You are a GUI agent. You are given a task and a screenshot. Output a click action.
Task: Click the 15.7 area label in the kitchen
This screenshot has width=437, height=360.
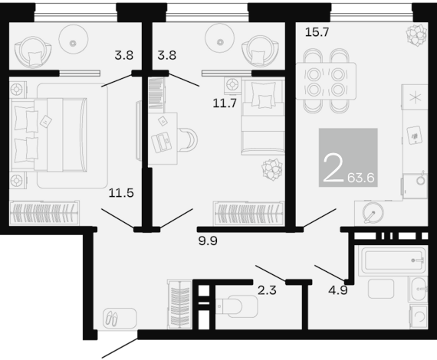317,32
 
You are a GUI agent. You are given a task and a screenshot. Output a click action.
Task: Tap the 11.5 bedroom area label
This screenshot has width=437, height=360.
121,193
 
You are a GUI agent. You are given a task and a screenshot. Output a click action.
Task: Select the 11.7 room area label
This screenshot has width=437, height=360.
225,103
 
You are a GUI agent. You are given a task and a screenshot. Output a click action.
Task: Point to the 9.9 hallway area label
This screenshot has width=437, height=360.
208,241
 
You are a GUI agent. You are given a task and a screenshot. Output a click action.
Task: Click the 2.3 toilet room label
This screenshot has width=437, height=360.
267,290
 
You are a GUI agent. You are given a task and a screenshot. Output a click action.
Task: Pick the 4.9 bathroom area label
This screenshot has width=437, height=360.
338,290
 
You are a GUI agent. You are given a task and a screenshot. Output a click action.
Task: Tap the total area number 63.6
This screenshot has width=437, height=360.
361,178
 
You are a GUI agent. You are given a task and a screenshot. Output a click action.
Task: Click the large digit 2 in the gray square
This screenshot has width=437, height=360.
333,169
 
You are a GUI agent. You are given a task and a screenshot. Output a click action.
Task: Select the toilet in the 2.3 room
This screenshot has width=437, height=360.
237,306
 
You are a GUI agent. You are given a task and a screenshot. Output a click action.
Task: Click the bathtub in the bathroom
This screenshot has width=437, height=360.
393,260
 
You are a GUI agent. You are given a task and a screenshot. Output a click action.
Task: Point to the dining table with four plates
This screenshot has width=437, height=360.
326,81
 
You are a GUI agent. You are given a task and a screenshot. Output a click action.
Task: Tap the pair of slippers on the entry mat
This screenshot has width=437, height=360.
111,319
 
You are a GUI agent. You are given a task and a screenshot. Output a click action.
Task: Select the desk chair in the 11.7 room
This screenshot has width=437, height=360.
189,139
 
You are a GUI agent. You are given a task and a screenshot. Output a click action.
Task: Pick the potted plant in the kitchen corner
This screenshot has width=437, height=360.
416,35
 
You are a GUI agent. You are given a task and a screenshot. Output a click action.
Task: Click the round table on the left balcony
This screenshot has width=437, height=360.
74,39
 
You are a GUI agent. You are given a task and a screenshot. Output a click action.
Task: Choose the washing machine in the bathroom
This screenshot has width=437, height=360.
419,316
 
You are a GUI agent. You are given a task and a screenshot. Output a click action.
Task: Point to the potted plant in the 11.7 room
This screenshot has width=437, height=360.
271,169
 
